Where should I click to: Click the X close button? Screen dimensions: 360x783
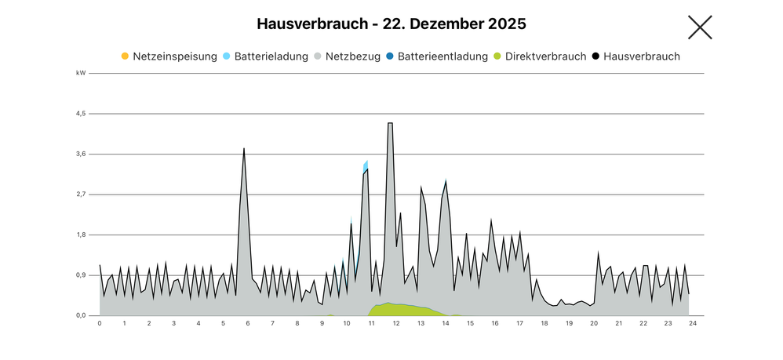(699, 27)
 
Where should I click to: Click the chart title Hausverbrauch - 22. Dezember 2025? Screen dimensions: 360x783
(391, 24)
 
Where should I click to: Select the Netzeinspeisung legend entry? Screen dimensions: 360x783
(169, 56)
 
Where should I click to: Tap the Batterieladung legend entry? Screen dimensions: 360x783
(265, 56)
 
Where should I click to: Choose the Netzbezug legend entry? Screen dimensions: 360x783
(350, 56)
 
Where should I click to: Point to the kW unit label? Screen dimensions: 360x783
(81, 73)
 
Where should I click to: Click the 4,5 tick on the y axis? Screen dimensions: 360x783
(81, 114)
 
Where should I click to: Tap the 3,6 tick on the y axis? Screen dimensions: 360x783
(81, 154)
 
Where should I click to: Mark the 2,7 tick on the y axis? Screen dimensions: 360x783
(81, 195)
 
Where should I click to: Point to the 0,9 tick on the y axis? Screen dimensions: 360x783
(81, 275)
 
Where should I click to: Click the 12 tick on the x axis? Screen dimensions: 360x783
(396, 323)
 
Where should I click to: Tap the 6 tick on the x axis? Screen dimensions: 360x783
(248, 323)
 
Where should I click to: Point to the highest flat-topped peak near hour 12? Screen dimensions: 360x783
(390, 124)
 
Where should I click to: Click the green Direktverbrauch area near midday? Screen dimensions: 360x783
(392, 309)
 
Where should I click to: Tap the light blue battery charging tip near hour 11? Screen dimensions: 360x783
(366, 164)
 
